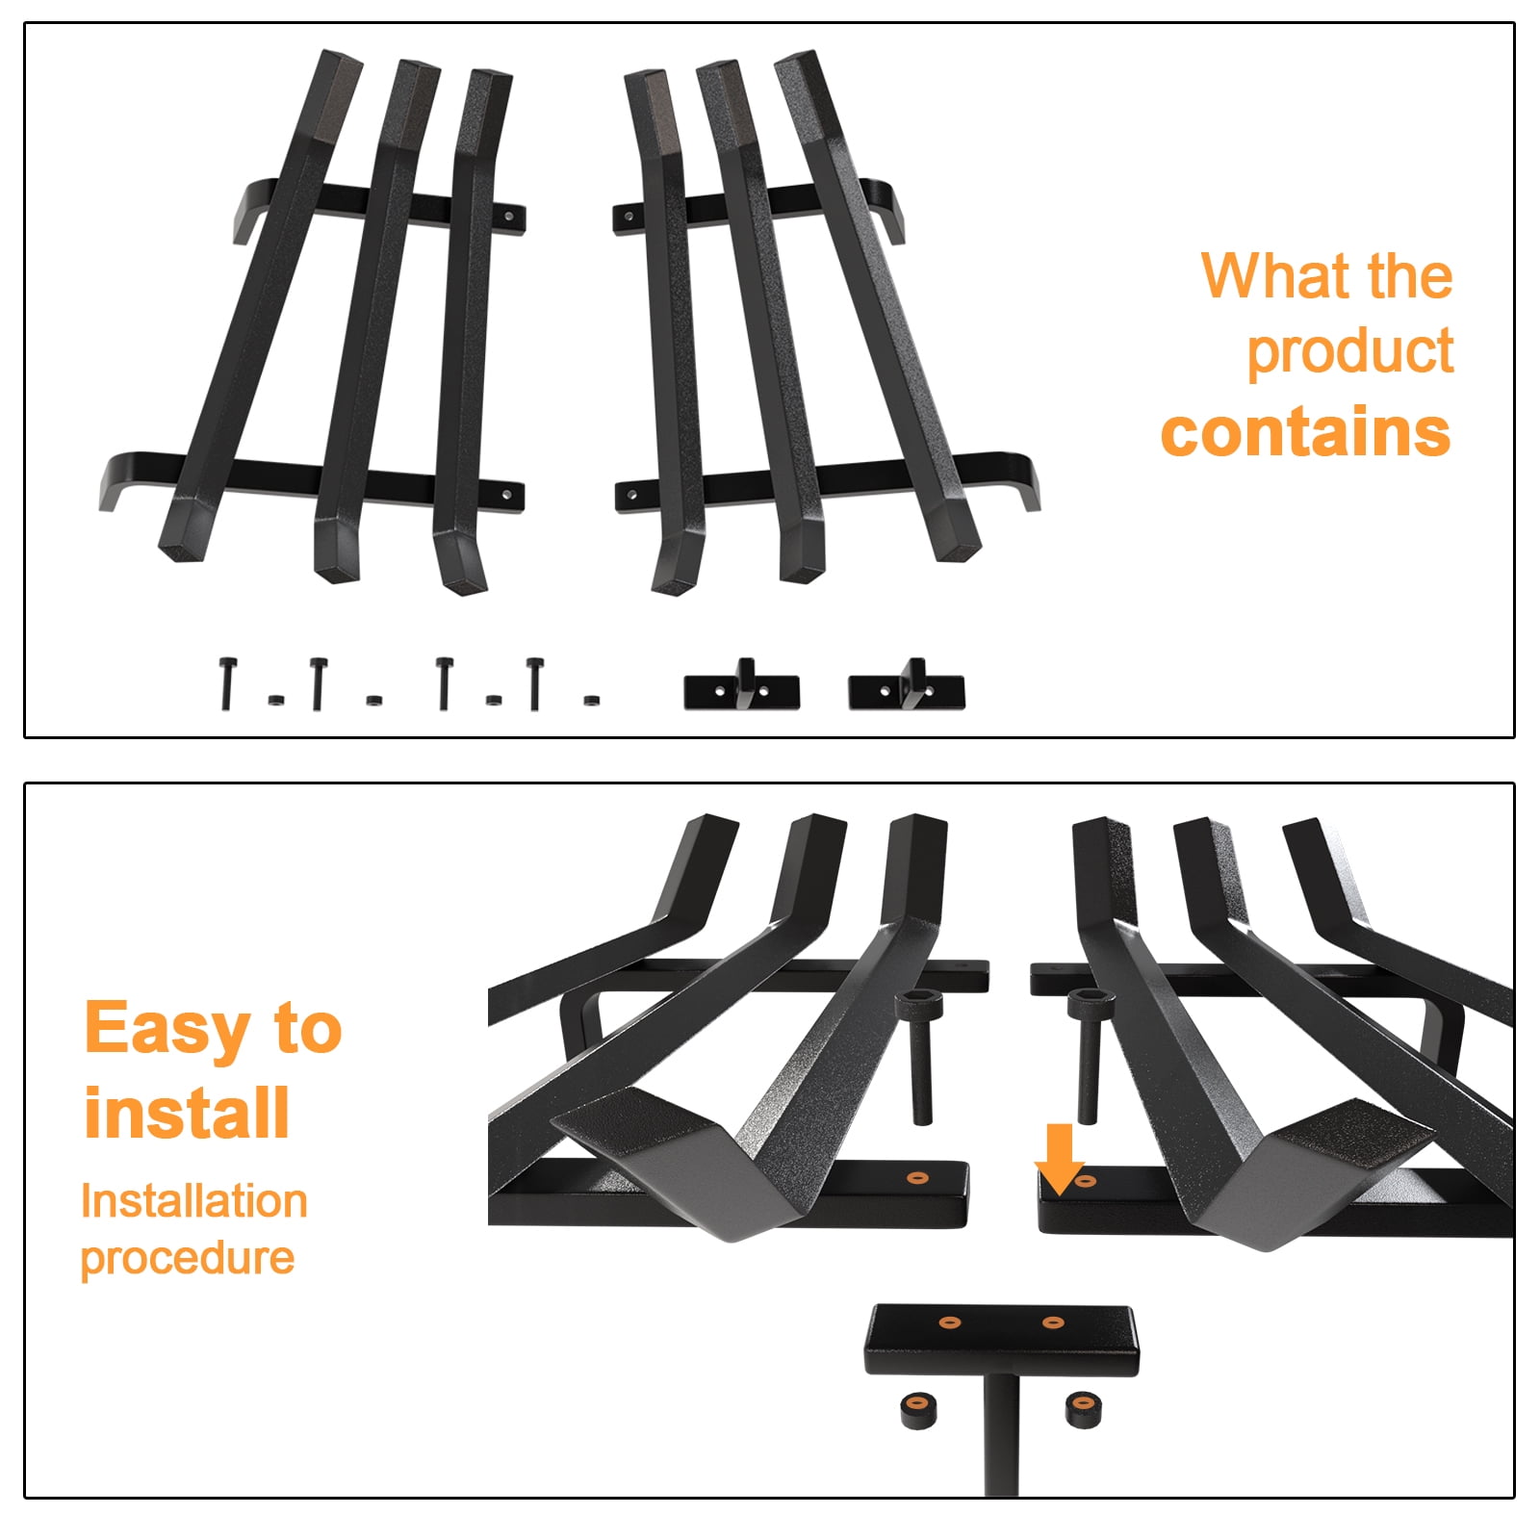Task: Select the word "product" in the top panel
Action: coord(1349,352)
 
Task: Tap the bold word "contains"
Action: coord(1305,432)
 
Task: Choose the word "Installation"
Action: coord(194,1201)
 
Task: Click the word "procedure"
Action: coord(188,1258)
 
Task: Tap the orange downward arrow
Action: coord(1060,1158)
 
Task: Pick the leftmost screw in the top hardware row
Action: coord(227,683)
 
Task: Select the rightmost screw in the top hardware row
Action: coord(535,683)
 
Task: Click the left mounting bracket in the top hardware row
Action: coord(742,685)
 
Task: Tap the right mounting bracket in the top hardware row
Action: coord(907,685)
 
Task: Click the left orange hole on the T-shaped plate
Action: coord(950,1322)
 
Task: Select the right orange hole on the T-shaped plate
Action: coord(1053,1322)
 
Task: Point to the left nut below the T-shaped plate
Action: coord(918,1410)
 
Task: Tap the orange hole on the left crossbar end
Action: coord(917,1177)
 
